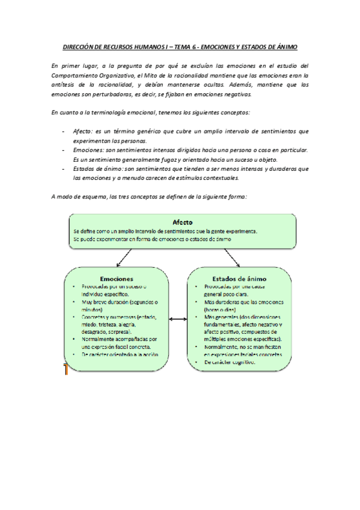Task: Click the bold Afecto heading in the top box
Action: [x=182, y=222]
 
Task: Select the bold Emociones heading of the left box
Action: [x=117, y=278]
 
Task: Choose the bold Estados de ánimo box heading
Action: [x=240, y=278]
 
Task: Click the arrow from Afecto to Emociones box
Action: [x=127, y=257]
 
